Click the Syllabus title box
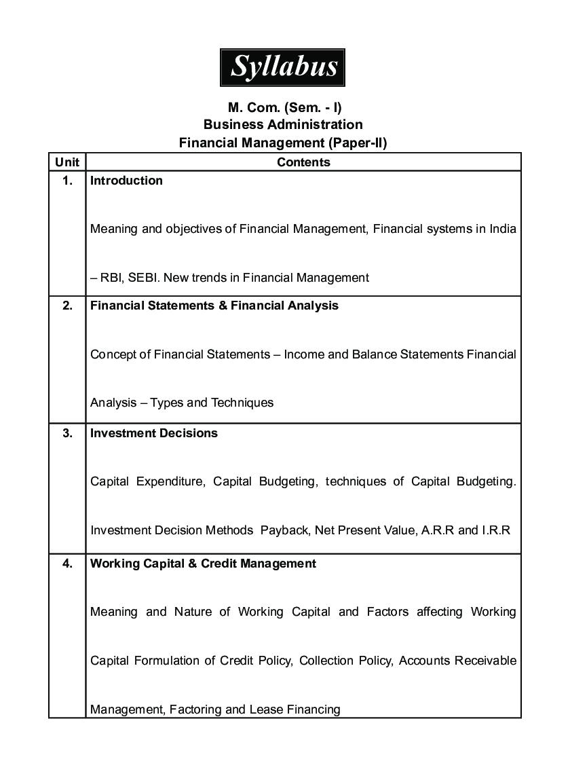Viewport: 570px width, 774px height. pos(282,67)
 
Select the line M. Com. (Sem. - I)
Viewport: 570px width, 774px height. pos(283,107)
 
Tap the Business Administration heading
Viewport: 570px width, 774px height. pos(283,125)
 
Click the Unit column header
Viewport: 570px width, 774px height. pos(67,162)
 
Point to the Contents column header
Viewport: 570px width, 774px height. pos(303,162)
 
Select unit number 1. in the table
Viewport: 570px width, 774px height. pos(67,181)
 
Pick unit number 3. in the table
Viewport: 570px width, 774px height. pos(67,433)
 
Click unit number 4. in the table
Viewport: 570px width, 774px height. pos(67,564)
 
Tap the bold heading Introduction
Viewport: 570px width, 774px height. pos(126,181)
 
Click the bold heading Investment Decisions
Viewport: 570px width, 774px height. pos(154,433)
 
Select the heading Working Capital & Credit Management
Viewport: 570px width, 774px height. pos(203,564)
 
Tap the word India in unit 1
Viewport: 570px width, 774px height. pos(501,229)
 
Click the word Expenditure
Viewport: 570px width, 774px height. pos(170,482)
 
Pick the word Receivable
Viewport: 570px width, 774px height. pos(485,661)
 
